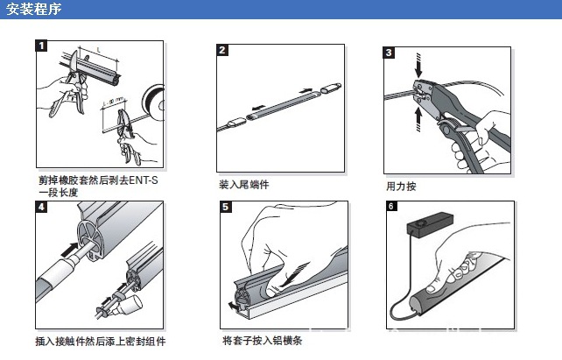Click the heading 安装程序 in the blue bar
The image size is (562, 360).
[x=34, y=9]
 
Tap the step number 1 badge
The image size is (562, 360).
[x=41, y=46]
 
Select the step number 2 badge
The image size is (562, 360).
[x=222, y=50]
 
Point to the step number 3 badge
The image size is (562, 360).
[x=389, y=53]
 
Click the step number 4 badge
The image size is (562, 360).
[x=41, y=207]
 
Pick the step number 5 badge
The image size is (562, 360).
[x=226, y=207]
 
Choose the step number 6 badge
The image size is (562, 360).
[x=391, y=206]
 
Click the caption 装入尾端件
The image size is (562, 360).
[x=243, y=185]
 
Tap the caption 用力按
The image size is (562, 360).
[x=401, y=186]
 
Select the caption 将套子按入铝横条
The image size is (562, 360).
[x=262, y=340]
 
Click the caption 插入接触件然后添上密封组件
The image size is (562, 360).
[x=101, y=341]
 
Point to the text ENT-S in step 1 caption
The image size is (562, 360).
[x=144, y=180]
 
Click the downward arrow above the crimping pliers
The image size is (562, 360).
[x=418, y=66]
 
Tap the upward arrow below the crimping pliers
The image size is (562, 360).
[x=418, y=119]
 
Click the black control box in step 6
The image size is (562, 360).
[x=430, y=224]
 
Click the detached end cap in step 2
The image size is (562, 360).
[x=330, y=88]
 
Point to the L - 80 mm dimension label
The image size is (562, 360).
[x=113, y=101]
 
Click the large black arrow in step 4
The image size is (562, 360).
[x=69, y=250]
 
